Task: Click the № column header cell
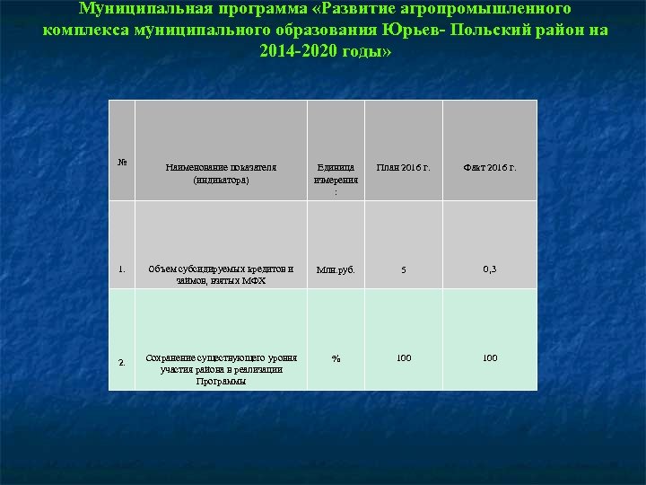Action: [122, 163]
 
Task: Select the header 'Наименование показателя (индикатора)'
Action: [221, 173]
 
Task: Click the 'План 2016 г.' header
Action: [403, 167]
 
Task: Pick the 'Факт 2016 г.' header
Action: [489, 167]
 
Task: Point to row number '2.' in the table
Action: [121, 363]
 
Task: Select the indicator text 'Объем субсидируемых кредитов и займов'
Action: [221, 274]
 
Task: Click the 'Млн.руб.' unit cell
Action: [336, 269]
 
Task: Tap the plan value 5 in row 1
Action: [403, 270]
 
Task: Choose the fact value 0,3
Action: [490, 268]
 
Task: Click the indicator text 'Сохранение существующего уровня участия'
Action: [221, 369]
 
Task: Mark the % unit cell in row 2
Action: [336, 358]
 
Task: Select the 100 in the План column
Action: [404, 358]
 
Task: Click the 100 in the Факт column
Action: [490, 358]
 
